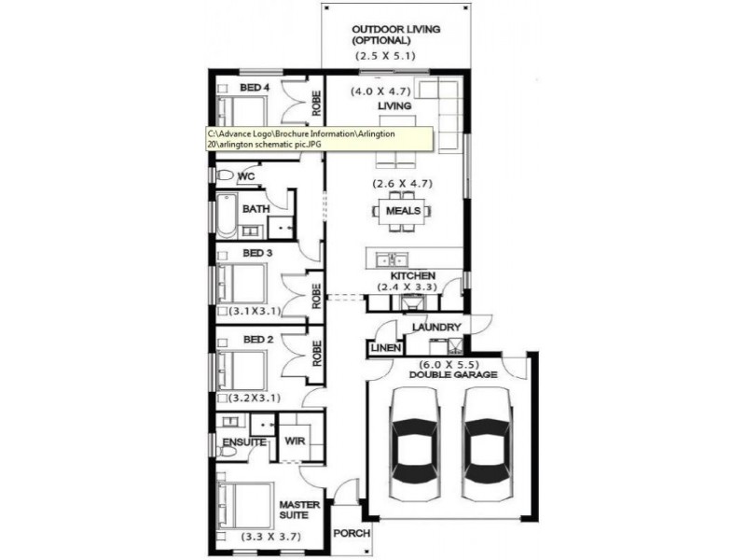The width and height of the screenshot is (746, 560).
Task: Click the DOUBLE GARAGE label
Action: pos(452,374)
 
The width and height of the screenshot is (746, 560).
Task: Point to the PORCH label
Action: pos(352,535)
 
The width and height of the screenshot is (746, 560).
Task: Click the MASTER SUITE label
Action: pos(300,511)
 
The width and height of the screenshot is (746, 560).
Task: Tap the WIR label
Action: pos(297,441)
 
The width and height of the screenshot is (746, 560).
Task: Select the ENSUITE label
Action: pos(242,441)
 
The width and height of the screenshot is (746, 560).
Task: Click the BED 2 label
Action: pos(257,340)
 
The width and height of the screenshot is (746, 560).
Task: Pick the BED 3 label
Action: pos(257,253)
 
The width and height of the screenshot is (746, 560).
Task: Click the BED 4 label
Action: pos(255,88)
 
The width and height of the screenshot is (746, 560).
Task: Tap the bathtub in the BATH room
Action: pos(227,215)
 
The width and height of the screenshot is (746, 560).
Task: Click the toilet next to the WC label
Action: pos(225,175)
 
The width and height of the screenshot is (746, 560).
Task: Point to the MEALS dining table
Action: pos(403,211)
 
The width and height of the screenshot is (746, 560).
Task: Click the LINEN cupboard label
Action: pos(386,348)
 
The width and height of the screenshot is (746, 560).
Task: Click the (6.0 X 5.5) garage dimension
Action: pos(451,363)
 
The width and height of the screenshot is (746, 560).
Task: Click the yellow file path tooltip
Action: pos(318,139)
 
